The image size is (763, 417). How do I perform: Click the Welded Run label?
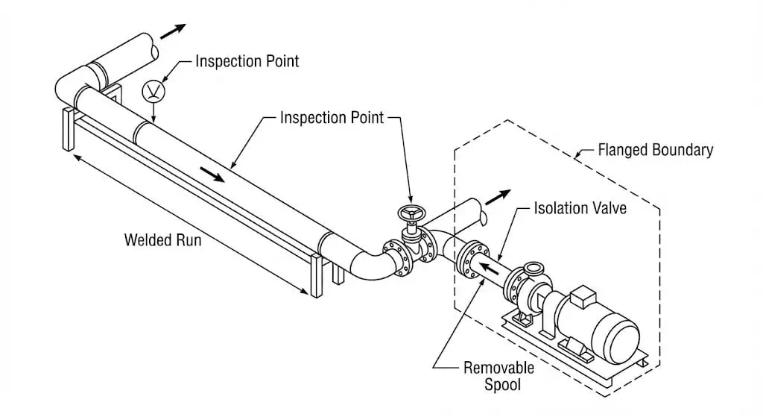tap(162, 240)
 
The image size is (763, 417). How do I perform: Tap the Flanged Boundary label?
tap(655, 150)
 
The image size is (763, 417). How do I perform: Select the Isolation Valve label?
tap(580, 207)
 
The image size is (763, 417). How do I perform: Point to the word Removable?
tap(498, 367)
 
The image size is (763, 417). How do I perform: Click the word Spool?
tap(498, 385)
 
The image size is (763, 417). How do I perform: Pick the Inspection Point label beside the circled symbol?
tap(247, 61)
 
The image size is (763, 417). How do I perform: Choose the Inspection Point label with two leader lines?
tap(332, 118)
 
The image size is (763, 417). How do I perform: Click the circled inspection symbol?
tap(153, 91)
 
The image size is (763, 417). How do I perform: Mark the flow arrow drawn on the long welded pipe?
tap(213, 174)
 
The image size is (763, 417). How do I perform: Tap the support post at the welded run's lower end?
tap(317, 276)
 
